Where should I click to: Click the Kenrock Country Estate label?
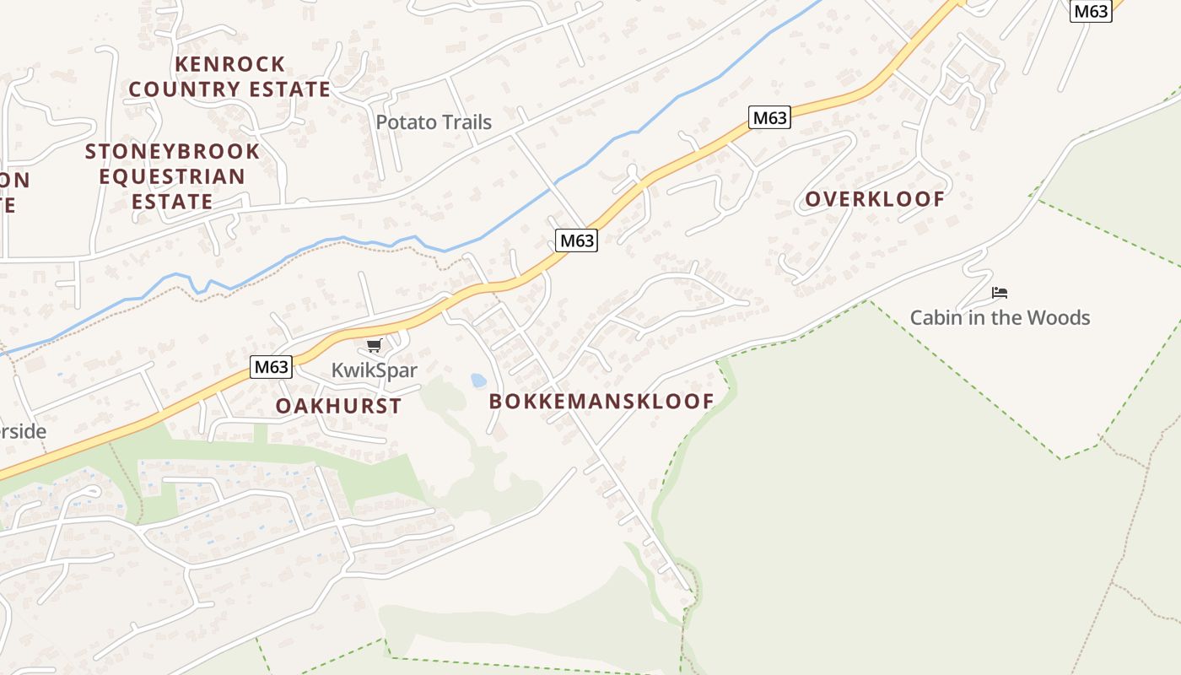click(x=229, y=77)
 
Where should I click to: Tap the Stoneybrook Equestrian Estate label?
click(x=172, y=176)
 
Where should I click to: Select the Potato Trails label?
click(x=434, y=122)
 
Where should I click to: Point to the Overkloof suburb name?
click(x=875, y=199)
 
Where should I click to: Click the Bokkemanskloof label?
click(x=601, y=402)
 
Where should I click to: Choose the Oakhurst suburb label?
click(x=338, y=406)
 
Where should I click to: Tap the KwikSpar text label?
click(x=375, y=370)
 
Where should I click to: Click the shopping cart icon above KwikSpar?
click(x=375, y=345)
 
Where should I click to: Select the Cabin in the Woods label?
click(x=1000, y=318)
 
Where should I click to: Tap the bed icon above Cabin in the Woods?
click(x=1000, y=293)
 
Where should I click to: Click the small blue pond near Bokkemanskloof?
click(x=478, y=381)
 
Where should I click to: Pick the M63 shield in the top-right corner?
click(x=1091, y=11)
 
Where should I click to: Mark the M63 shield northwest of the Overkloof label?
click(x=769, y=118)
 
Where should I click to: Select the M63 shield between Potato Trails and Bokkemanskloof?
click(x=577, y=240)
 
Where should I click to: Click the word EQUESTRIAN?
click(x=172, y=177)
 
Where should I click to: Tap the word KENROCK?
click(x=229, y=64)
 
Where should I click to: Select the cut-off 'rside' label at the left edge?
click(x=23, y=431)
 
